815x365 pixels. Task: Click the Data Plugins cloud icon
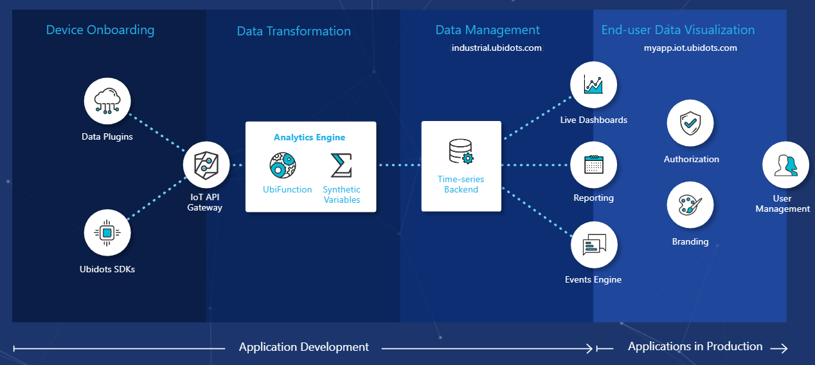coord(107,100)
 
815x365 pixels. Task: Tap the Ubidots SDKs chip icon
coord(107,232)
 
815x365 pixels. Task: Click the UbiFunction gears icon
coord(282,165)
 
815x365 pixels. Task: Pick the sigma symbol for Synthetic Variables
coord(341,165)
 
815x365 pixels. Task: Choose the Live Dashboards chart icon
coord(593,85)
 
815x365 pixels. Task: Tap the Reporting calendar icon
coord(593,165)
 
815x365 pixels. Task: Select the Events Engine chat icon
coord(594,245)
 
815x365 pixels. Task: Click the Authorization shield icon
coord(690,122)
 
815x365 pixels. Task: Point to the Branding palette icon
coord(690,205)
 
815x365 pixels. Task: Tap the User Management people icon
coord(785,165)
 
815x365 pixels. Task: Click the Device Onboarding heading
coord(100,30)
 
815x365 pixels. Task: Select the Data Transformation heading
coord(294,31)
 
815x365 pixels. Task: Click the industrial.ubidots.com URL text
coord(496,48)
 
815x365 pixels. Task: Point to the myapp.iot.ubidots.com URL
coord(690,48)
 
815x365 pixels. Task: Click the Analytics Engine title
coord(309,137)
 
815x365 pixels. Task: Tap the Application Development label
coord(304,347)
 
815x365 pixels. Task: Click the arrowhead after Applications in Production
coord(780,348)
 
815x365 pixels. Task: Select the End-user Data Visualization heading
coord(678,30)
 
